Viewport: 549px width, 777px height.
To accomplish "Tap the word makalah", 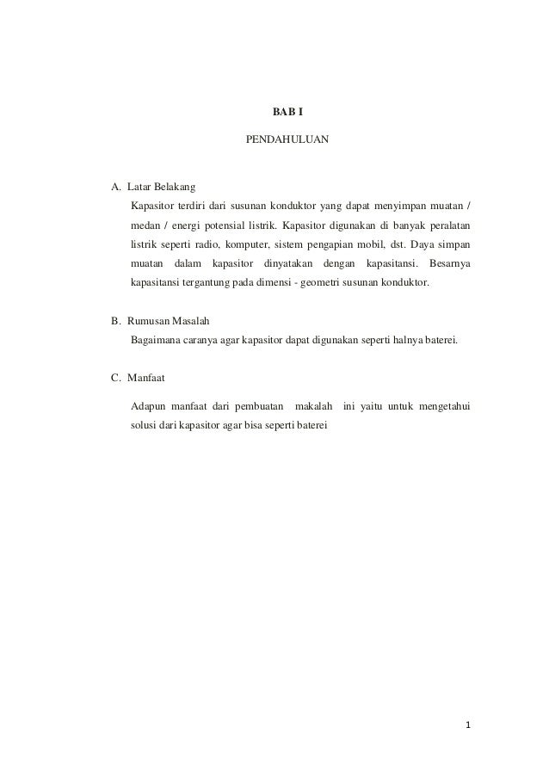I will pos(313,405).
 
